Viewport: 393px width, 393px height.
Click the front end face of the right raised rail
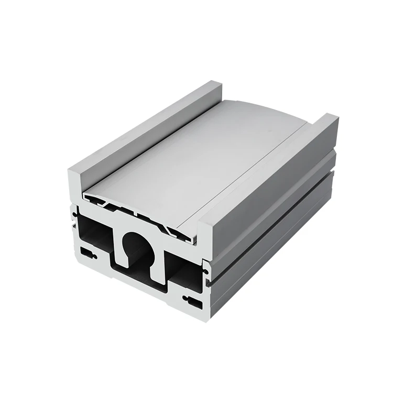pos(204,246)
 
